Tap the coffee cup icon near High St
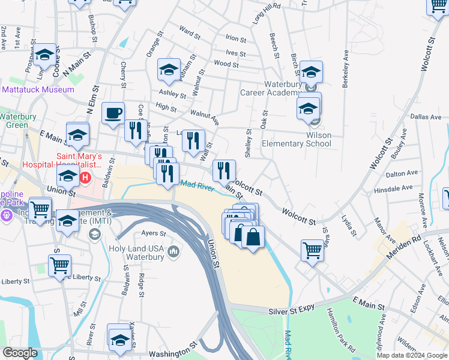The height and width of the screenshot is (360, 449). point(113,113)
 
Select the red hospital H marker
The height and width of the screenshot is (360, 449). point(85,178)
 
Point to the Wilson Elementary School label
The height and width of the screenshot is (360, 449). point(297,139)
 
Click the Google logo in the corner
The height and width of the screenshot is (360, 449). point(20,353)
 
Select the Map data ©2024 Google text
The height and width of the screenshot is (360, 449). point(411,355)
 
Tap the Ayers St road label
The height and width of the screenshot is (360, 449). point(152,233)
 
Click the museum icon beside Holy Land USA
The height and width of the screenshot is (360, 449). point(174,250)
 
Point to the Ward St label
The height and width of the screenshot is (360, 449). point(189,31)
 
